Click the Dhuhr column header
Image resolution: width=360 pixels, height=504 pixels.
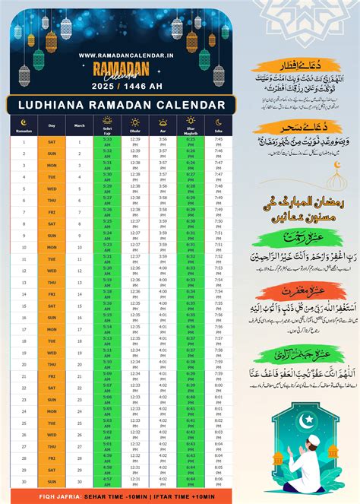click(135, 125)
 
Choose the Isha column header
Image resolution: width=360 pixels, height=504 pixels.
click(218, 125)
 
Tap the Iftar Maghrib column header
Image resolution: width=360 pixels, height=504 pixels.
click(191, 125)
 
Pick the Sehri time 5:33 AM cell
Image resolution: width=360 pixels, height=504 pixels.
click(108, 141)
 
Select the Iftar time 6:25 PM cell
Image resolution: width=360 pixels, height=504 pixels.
click(191, 141)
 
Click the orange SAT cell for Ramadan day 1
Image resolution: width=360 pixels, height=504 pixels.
click(52, 141)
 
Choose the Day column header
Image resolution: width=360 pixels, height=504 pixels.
click(52, 125)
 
